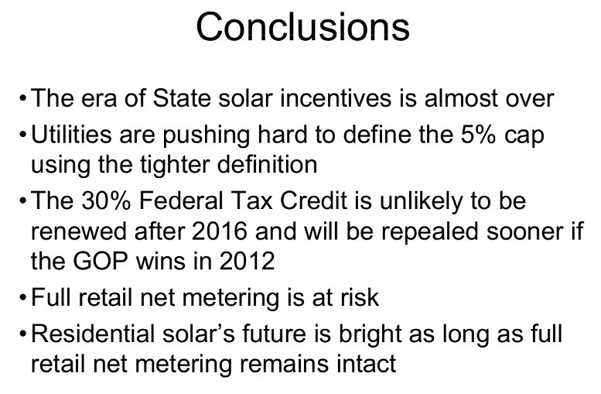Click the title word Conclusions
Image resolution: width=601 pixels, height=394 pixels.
302,26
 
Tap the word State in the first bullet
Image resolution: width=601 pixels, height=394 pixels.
182,98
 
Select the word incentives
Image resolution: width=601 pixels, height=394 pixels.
336,98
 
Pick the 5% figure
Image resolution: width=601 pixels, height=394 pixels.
478,135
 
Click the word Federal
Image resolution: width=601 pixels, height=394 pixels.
181,200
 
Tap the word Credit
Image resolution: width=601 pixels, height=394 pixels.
313,200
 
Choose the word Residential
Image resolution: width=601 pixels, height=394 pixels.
92,334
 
